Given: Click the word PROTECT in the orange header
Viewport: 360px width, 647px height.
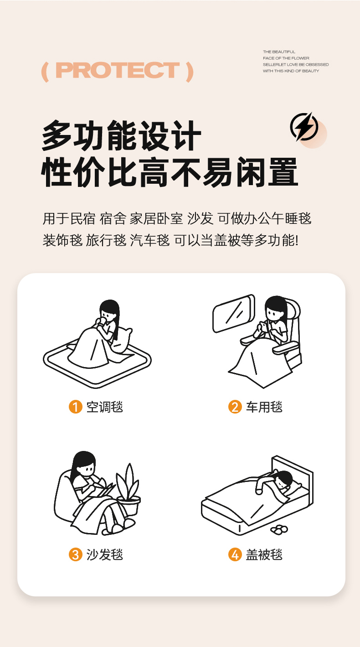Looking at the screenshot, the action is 118,70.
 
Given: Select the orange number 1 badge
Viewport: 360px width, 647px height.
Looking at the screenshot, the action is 75,407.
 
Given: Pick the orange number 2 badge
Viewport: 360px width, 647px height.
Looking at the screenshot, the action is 235,407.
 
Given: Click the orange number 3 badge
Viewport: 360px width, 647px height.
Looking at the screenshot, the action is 75,554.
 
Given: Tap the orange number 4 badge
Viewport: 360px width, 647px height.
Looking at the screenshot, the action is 235,554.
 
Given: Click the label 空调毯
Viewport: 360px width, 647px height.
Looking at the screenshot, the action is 105,407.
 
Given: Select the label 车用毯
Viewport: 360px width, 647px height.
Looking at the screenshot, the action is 264,407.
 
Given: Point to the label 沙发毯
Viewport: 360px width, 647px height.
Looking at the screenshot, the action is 105,554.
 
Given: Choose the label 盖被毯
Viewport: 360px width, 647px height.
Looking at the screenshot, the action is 264,554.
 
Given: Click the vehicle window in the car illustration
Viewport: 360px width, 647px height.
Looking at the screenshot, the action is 234,313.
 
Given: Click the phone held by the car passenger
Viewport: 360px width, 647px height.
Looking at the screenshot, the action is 263,326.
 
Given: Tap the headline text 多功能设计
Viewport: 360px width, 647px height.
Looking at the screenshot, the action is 121,136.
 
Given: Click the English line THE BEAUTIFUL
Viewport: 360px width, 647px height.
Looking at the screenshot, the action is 279,52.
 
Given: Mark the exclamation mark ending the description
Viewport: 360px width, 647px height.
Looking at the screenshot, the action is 296,240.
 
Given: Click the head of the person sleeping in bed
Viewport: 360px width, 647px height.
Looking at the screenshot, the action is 283,479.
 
